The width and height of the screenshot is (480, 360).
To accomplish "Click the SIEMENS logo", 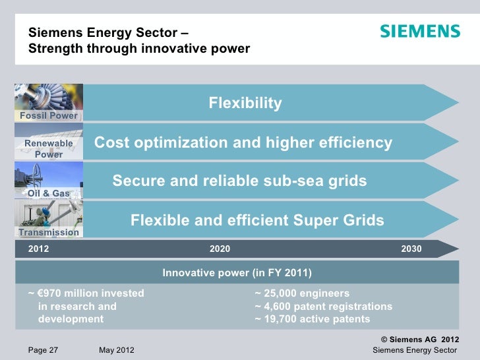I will (x=419, y=32).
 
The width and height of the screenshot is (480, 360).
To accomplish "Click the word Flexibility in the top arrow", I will (x=245, y=104).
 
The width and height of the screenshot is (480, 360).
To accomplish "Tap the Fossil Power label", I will (x=49, y=115).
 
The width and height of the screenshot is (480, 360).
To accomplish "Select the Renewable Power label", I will (x=49, y=148).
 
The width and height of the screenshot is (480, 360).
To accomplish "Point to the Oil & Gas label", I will (x=49, y=193).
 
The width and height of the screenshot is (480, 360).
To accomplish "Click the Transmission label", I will (x=49, y=232).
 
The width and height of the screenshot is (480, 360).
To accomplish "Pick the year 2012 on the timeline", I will (x=38, y=249).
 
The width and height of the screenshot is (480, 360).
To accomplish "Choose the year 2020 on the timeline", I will (x=220, y=249).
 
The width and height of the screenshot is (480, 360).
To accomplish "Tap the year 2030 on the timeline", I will (x=411, y=249).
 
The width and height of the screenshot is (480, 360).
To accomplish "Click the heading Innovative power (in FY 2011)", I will (x=237, y=273).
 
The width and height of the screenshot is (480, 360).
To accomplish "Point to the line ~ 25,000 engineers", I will (x=302, y=293).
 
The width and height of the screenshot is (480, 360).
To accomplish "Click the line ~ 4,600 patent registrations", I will (x=323, y=307).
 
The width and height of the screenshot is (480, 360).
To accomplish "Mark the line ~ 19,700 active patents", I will (x=312, y=320).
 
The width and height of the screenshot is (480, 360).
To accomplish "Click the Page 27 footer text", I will (x=43, y=349).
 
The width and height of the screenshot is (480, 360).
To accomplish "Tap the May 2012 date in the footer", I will (x=116, y=349).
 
